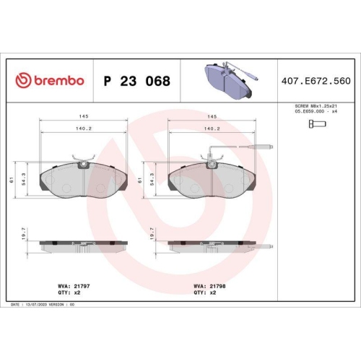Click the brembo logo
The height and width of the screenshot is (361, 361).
(50, 81)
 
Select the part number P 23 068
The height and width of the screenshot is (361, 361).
(137, 81)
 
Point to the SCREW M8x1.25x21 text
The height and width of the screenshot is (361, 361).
(315, 106)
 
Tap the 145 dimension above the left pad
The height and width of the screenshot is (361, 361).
(84, 116)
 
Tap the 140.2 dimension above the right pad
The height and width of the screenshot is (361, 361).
(212, 129)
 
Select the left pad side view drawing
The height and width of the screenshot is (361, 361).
(84, 243)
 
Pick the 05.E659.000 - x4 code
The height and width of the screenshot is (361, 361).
(315, 113)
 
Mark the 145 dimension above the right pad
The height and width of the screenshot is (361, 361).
(212, 116)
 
